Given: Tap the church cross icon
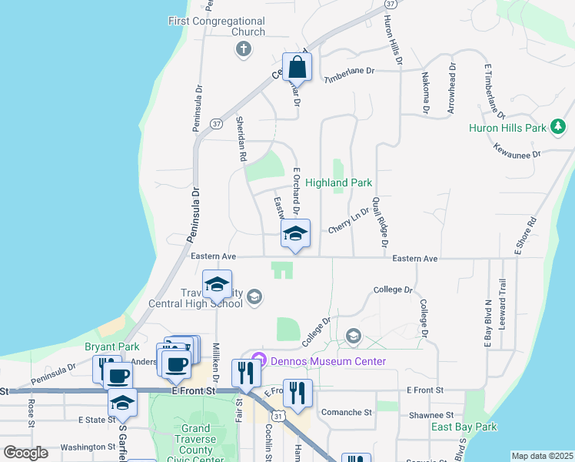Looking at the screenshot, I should point(243,50).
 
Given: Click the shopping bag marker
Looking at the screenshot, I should point(297,68).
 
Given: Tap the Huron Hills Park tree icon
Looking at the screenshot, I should point(559,126).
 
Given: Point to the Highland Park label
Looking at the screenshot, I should point(339,183).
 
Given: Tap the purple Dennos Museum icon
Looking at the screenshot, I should point(259,360).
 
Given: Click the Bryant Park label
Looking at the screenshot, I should point(106,347).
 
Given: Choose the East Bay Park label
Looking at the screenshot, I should point(464,427).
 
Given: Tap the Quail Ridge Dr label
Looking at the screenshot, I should point(379,222).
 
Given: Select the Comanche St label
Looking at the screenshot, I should point(347,413).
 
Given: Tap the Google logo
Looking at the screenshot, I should point(25,453).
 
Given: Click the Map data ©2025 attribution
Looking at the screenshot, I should point(542,456).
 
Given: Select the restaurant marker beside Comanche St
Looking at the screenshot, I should point(298,393).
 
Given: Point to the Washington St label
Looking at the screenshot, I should point(88,447).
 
